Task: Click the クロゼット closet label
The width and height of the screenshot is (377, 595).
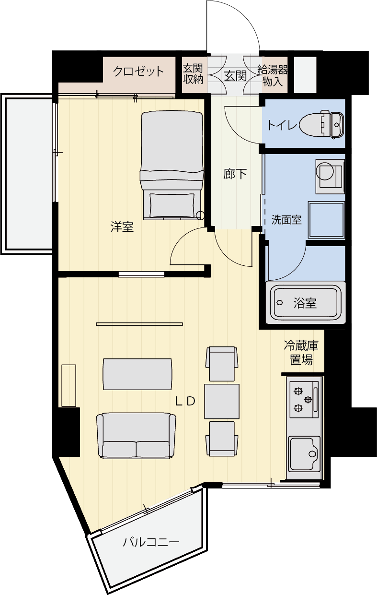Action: coord(138,71)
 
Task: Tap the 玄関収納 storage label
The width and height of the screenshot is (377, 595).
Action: coord(193,74)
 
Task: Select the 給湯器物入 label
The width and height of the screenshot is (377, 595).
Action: coord(273,76)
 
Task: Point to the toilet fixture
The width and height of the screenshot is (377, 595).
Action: coord(321,124)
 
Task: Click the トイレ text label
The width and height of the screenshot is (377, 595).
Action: coord(282,125)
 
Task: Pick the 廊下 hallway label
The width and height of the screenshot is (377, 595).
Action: coord(235,174)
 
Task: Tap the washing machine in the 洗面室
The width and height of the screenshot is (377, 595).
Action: coord(330,177)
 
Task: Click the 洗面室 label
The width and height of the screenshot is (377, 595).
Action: coord(286,220)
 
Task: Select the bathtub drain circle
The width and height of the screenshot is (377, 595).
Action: coord(279,303)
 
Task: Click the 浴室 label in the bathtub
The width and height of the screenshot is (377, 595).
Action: coord(305,303)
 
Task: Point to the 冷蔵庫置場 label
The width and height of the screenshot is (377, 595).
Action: coord(301,353)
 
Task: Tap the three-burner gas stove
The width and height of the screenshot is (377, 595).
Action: coord(304,399)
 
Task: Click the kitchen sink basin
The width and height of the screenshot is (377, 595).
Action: coord(304,454)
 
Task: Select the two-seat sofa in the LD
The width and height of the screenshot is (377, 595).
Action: coord(136,436)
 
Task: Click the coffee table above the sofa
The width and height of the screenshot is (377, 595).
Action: coord(137,374)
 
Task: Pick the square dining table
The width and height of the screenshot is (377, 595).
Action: coord(222,401)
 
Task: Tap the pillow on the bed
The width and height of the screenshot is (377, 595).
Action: coord(172,205)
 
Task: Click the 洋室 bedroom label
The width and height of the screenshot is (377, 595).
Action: coord(122,227)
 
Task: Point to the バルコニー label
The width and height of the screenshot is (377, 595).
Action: coord(151,542)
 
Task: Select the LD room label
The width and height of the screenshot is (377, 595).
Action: coord(185,401)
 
